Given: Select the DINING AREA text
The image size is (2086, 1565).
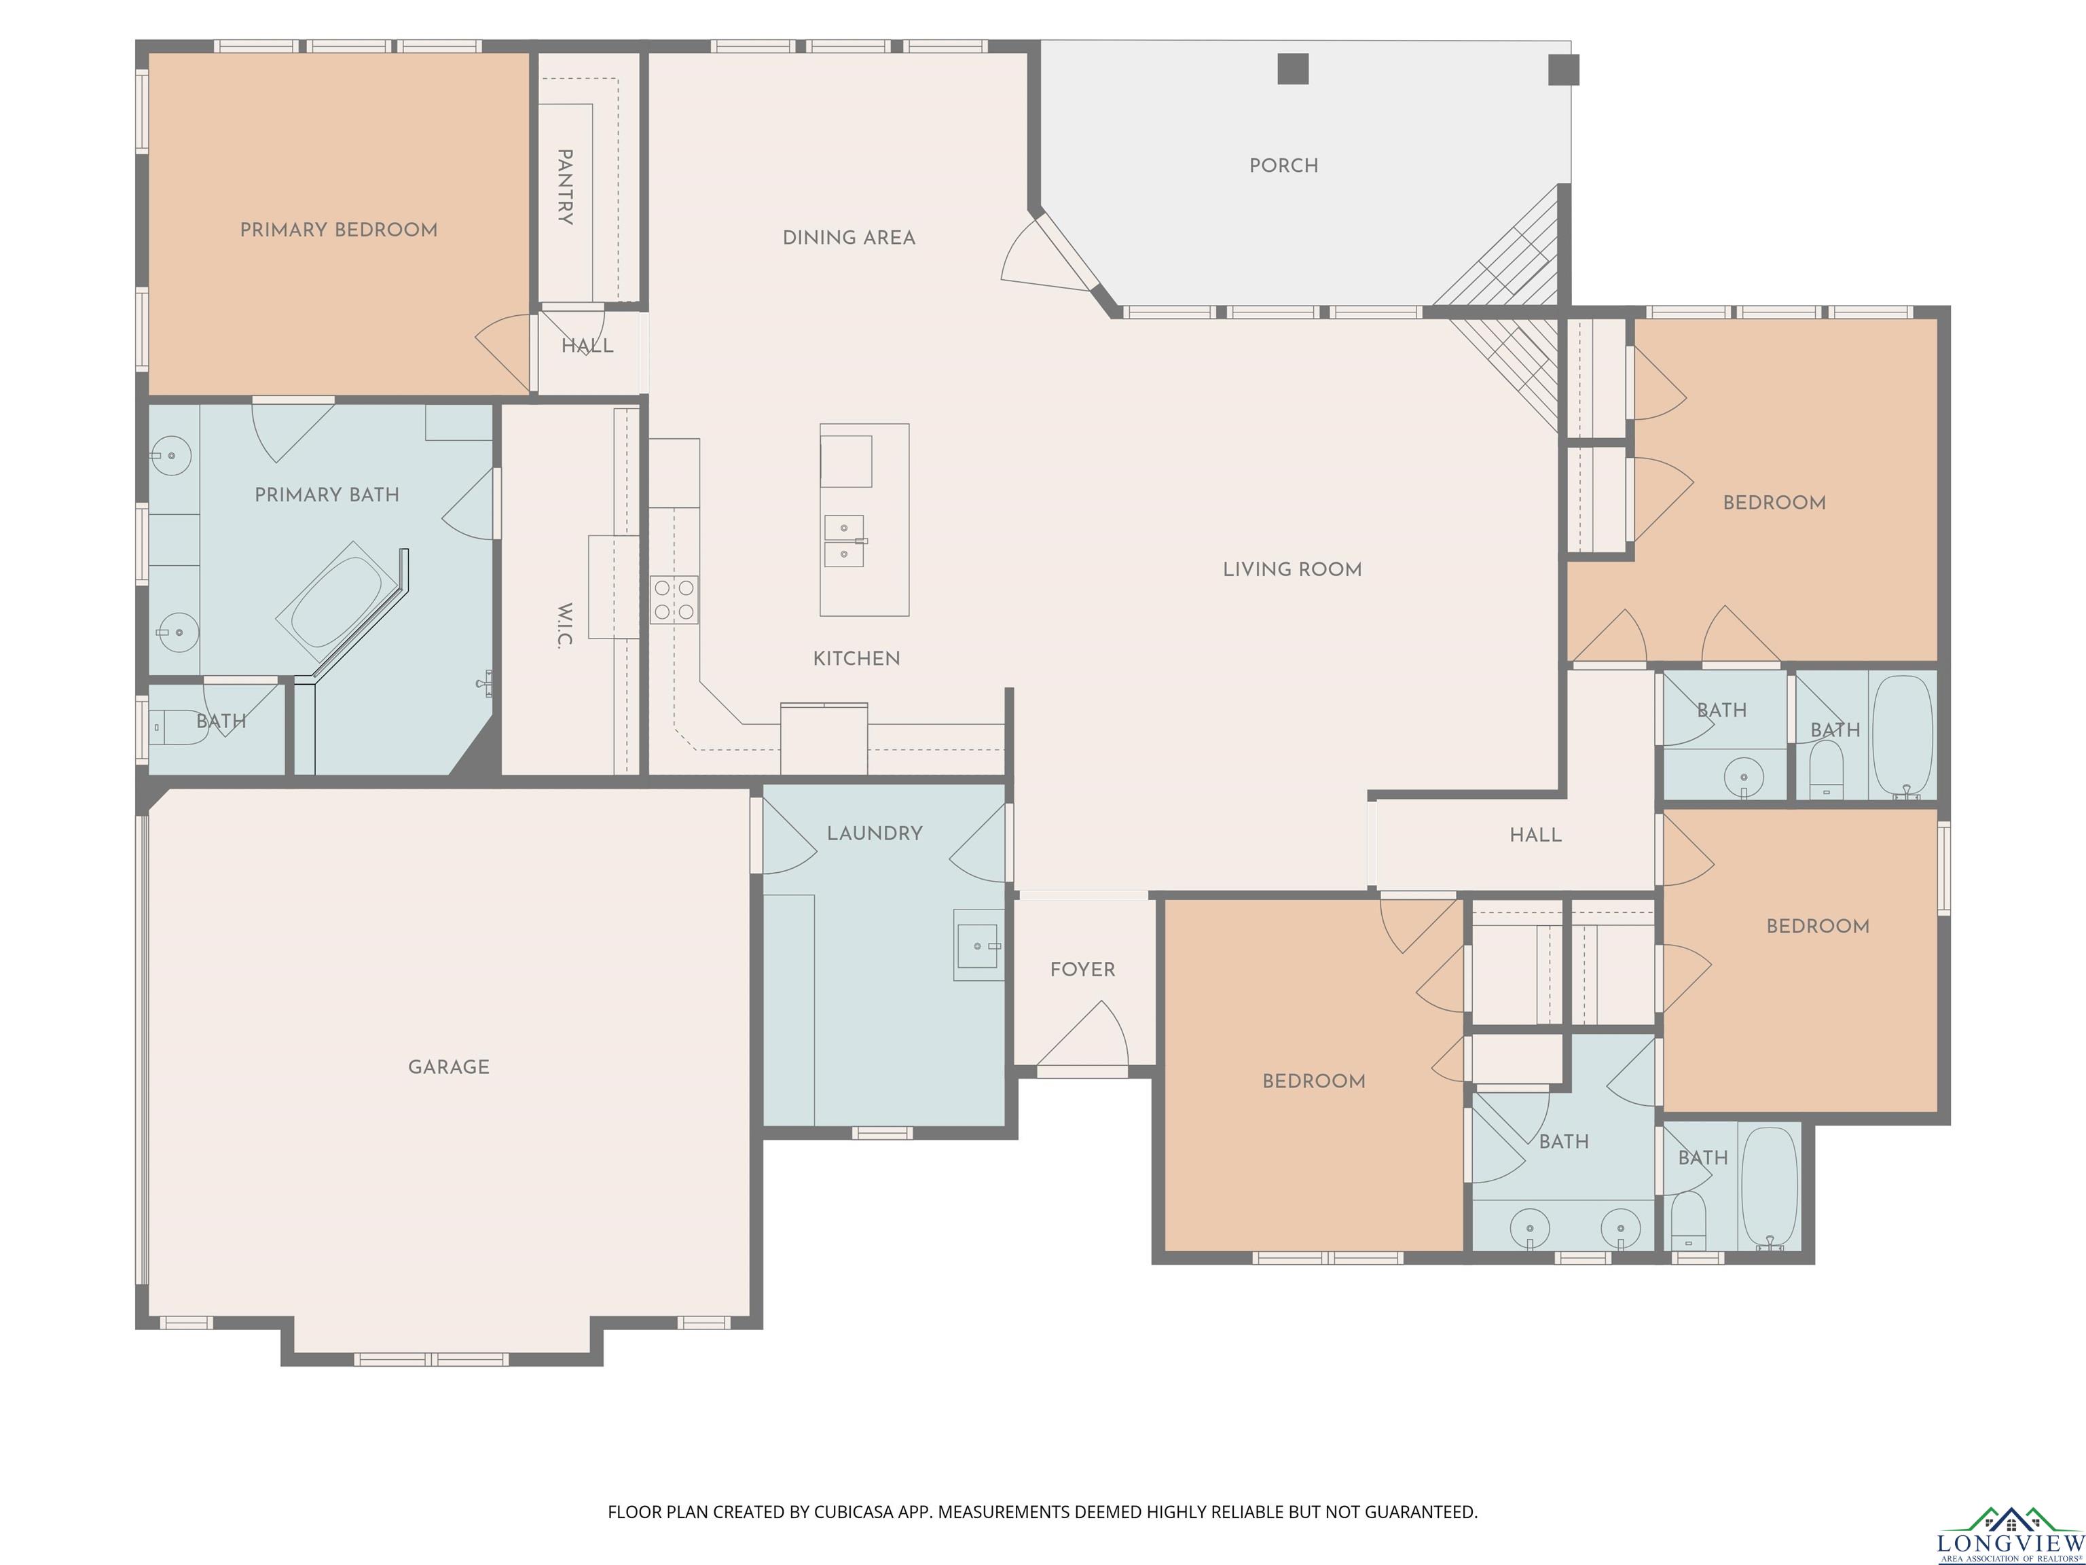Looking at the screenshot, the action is [x=849, y=238].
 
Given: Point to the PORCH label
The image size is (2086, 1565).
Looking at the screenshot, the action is [x=1283, y=166].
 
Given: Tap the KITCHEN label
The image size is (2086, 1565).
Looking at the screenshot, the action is [x=856, y=658].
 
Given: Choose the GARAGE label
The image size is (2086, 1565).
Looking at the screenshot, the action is [x=449, y=1067].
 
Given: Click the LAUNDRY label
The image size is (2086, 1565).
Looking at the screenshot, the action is [x=874, y=833].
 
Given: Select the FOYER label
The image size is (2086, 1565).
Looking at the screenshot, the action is [x=1082, y=970].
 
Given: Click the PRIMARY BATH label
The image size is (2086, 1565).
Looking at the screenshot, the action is [x=327, y=495].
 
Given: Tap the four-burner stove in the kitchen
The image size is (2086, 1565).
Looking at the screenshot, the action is [x=674, y=600].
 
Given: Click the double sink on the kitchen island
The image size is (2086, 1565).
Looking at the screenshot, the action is [x=845, y=541].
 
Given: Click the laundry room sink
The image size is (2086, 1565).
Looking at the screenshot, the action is [x=978, y=946].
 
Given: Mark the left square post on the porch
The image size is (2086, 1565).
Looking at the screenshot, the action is [x=1293, y=69].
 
